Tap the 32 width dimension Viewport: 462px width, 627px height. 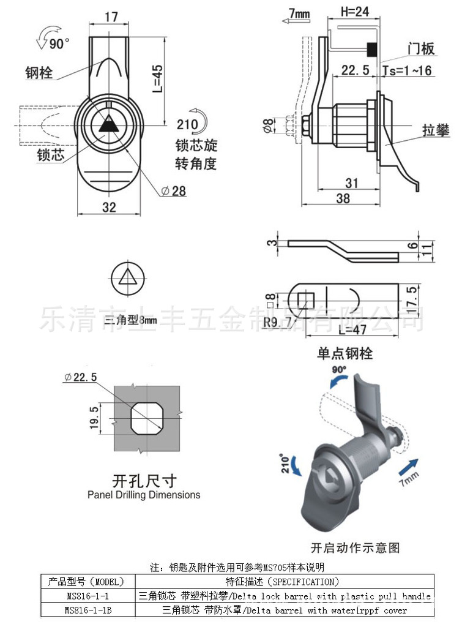109,207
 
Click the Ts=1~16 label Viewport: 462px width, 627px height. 407,71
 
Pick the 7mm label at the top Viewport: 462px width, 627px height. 298,13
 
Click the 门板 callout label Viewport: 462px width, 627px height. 422,50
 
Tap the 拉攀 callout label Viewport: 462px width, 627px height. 435,130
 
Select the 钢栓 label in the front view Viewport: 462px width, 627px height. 39,73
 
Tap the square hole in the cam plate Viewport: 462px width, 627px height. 306,300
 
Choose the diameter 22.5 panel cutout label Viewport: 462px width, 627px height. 81,377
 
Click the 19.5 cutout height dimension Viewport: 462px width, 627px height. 94,417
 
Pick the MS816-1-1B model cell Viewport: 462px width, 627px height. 88,610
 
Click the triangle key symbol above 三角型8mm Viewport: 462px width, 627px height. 128,278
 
